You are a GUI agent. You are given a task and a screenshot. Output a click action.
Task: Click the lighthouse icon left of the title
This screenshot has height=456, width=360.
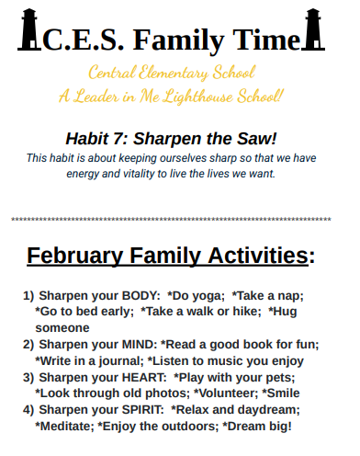click(x=27, y=28)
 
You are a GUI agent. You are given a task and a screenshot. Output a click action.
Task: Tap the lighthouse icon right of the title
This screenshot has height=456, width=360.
click(x=316, y=28)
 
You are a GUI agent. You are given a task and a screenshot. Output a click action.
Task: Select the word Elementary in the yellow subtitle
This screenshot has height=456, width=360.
click(x=179, y=72)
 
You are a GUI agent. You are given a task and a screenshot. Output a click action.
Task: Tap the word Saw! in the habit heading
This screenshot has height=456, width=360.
click(x=254, y=139)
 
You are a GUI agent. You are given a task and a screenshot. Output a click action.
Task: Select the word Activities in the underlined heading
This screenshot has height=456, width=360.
click(x=252, y=255)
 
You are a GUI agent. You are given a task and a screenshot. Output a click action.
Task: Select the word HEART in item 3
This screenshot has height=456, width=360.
click(x=139, y=377)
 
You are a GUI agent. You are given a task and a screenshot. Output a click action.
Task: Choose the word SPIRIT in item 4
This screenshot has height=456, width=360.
click(x=141, y=409)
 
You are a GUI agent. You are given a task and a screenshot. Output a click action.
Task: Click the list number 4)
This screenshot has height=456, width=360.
click(x=28, y=409)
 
